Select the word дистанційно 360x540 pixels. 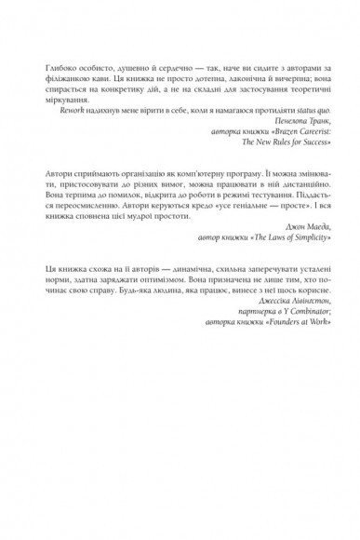[x=295, y=186]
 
